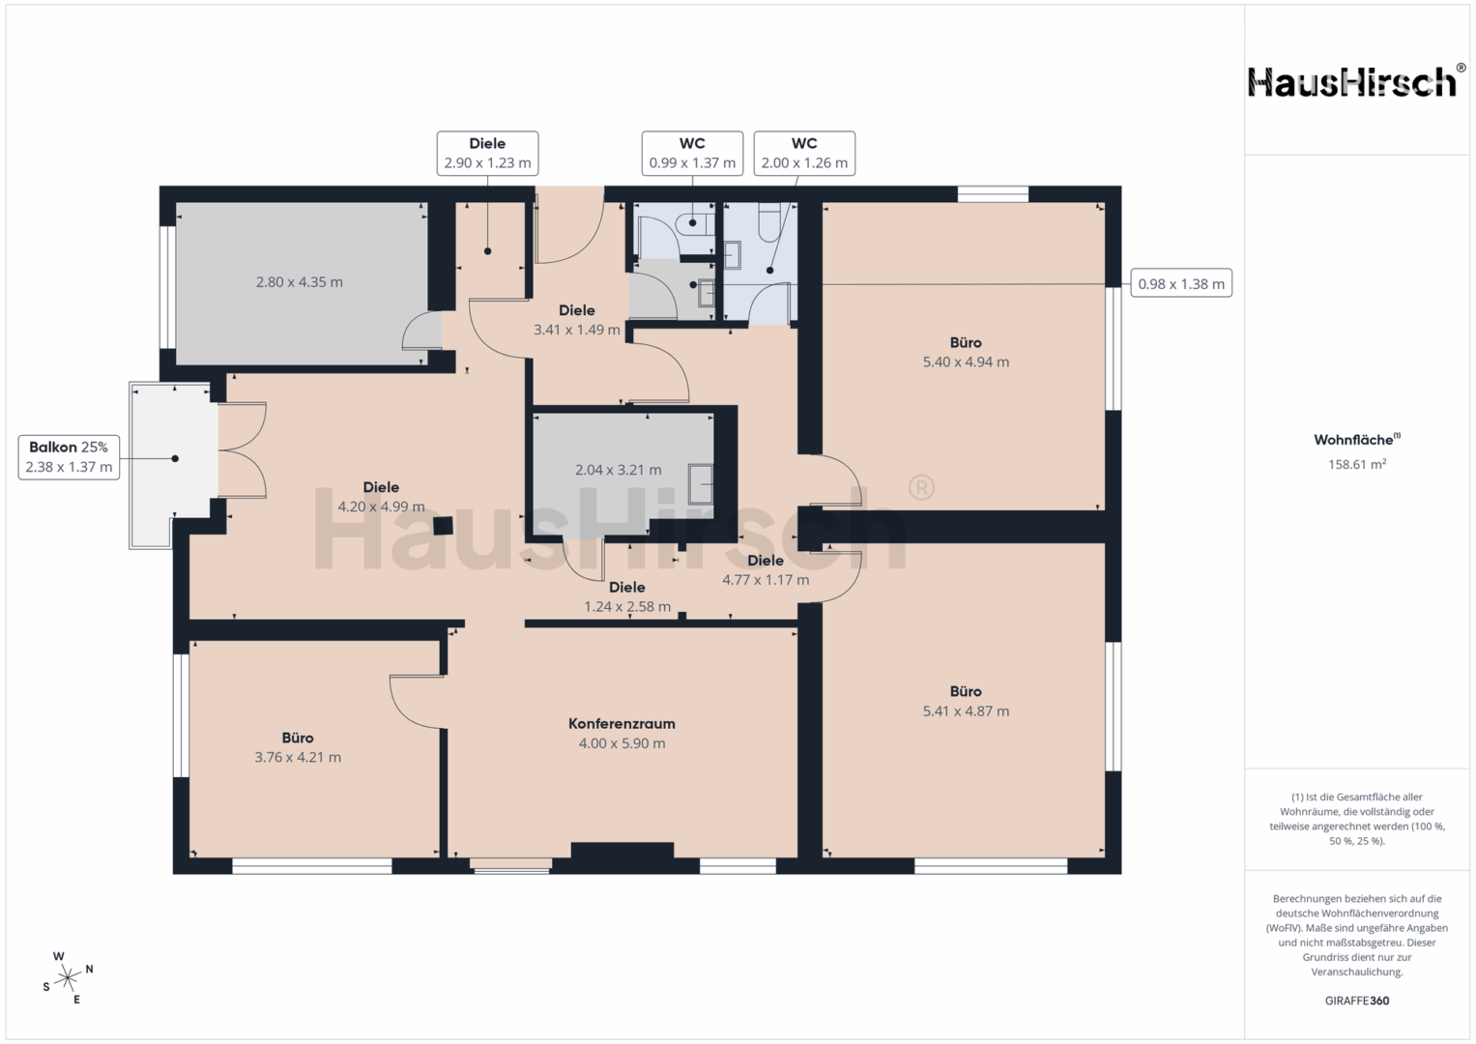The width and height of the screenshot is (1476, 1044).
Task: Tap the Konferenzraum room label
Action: click(x=622, y=724)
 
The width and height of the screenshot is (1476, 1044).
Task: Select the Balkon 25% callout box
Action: click(x=70, y=457)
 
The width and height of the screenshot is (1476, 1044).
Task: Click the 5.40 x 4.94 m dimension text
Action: click(x=966, y=362)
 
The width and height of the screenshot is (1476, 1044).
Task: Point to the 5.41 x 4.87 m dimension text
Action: click(x=966, y=711)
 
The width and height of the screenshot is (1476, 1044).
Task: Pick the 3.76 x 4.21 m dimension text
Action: click(x=298, y=757)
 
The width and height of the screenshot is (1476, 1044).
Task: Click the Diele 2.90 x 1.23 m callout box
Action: click(x=487, y=154)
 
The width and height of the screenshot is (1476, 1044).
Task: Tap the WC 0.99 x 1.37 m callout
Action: click(x=692, y=154)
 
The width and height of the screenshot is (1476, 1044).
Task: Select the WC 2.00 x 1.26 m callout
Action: click(x=804, y=154)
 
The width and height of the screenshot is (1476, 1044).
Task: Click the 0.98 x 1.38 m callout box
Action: click(x=1181, y=283)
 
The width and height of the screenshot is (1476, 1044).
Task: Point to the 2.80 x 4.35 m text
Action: click(x=299, y=282)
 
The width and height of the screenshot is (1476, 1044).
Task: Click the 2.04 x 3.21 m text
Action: click(x=618, y=470)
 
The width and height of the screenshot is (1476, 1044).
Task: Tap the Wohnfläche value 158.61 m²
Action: click(x=1357, y=464)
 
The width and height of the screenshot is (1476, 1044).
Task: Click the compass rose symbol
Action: click(x=68, y=978)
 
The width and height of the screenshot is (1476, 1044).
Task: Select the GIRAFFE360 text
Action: click(x=1357, y=1000)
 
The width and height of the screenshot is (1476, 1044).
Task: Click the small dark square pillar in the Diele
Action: click(x=443, y=525)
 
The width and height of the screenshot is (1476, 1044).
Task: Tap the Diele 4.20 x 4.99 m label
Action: click(x=381, y=497)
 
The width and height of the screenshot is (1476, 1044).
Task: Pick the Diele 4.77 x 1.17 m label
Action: click(x=766, y=570)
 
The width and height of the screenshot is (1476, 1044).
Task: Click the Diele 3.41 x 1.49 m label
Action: click(x=576, y=320)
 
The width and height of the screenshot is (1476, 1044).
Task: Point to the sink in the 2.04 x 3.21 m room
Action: click(x=701, y=483)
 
